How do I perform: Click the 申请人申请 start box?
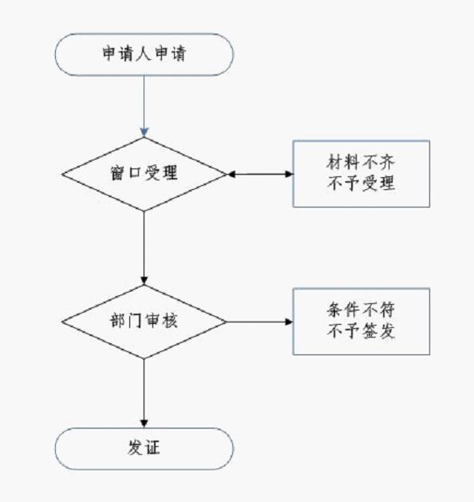(x=144, y=54)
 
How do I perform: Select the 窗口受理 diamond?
(x=144, y=174)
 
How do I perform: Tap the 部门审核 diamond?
(x=144, y=322)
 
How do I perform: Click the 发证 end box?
(x=144, y=449)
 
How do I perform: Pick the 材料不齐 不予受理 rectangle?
(x=361, y=174)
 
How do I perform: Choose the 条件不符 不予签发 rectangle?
(x=361, y=322)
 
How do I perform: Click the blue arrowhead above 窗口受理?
(x=144, y=132)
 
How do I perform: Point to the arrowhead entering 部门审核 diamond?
(x=144, y=280)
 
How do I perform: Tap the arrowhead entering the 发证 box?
(x=144, y=423)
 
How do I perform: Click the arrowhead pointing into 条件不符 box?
(x=289, y=322)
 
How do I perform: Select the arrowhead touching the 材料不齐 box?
(x=289, y=174)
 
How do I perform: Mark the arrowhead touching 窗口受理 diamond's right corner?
(x=231, y=174)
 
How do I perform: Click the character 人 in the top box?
(x=144, y=53)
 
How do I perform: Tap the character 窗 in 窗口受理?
(x=118, y=173)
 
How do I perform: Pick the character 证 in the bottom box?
(x=152, y=448)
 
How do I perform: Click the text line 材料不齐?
(x=361, y=162)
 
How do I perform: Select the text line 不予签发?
(x=361, y=331)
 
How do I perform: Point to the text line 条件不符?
(x=361, y=310)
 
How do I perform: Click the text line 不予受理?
(x=361, y=184)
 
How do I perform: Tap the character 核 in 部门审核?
(x=170, y=321)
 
